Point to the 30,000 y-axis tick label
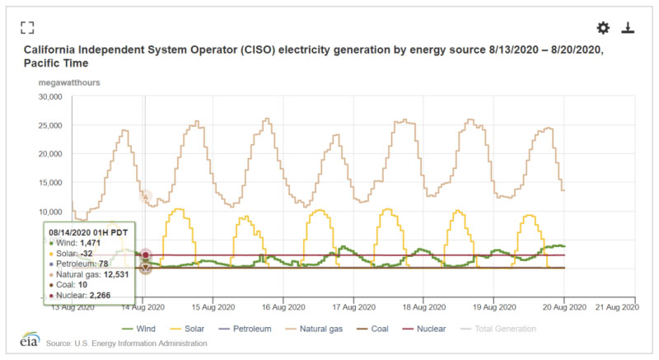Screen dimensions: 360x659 49,96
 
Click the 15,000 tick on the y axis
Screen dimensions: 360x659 49,182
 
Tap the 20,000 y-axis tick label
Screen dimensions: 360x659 49,154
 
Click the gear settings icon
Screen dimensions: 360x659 603,28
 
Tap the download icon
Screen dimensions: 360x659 628,28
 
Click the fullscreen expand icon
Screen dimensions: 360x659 27,27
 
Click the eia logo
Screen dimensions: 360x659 29,341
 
